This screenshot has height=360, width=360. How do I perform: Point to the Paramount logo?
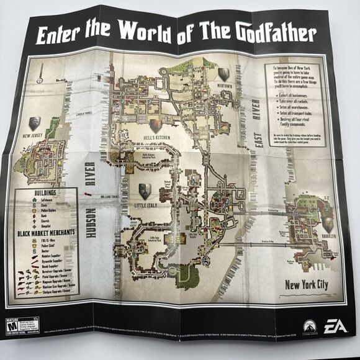(x=308, y=325)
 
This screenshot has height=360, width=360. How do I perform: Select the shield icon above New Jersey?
(x=34, y=122)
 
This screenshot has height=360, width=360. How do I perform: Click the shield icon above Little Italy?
(x=144, y=190)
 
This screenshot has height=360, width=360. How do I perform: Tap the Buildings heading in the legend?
(x=45, y=193)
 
